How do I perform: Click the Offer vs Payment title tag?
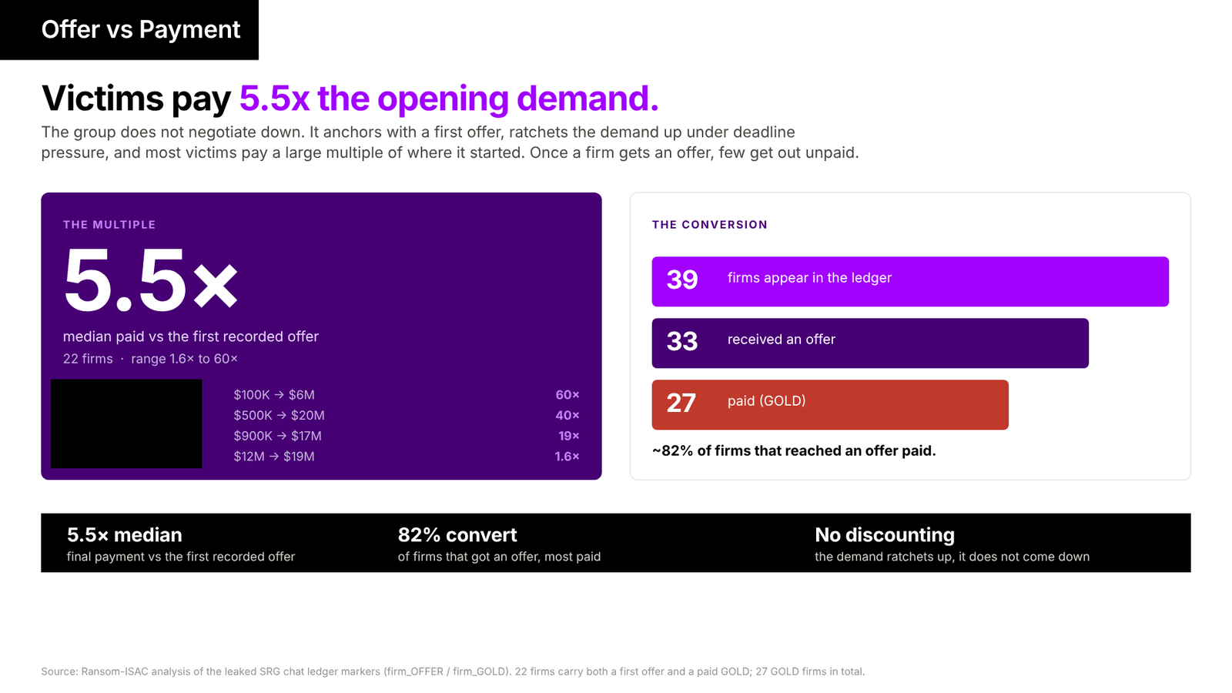(x=129, y=30)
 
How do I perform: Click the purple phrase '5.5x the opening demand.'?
(x=449, y=99)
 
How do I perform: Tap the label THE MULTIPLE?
(x=109, y=224)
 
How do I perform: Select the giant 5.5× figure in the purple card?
(x=151, y=280)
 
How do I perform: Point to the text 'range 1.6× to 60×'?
(x=184, y=359)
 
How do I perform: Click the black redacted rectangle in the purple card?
(x=126, y=423)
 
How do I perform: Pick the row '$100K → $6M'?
(x=274, y=395)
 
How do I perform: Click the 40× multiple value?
(x=567, y=415)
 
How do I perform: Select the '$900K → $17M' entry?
(x=277, y=436)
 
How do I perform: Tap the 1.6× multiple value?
(x=567, y=457)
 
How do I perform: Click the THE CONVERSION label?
(x=709, y=224)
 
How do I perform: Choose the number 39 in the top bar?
(x=682, y=280)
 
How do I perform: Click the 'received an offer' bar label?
(x=781, y=340)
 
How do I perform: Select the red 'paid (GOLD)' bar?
(x=830, y=405)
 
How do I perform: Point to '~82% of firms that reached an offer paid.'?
(x=794, y=451)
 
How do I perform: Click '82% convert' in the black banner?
(x=457, y=534)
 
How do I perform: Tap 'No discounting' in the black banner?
(x=885, y=534)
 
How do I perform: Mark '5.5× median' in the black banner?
(x=124, y=534)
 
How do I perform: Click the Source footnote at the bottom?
(x=453, y=671)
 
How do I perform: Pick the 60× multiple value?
(x=567, y=395)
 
